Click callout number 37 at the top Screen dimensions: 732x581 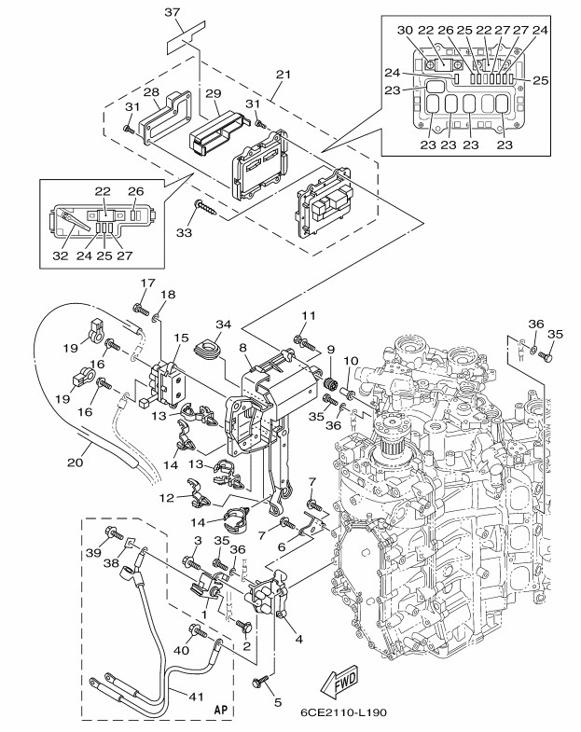[x=173, y=12]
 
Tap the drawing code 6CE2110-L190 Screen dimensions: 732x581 [x=344, y=713]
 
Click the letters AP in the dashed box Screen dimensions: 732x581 [x=221, y=710]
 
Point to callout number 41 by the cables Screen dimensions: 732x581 [x=195, y=695]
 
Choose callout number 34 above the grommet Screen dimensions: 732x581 [x=222, y=325]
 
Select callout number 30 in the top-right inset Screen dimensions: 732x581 [x=406, y=30]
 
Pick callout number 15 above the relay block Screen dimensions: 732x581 [x=181, y=338]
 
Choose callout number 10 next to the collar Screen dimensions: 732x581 [x=353, y=361]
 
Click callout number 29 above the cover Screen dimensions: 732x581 [x=213, y=93]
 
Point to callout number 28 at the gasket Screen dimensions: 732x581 [x=149, y=90]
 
